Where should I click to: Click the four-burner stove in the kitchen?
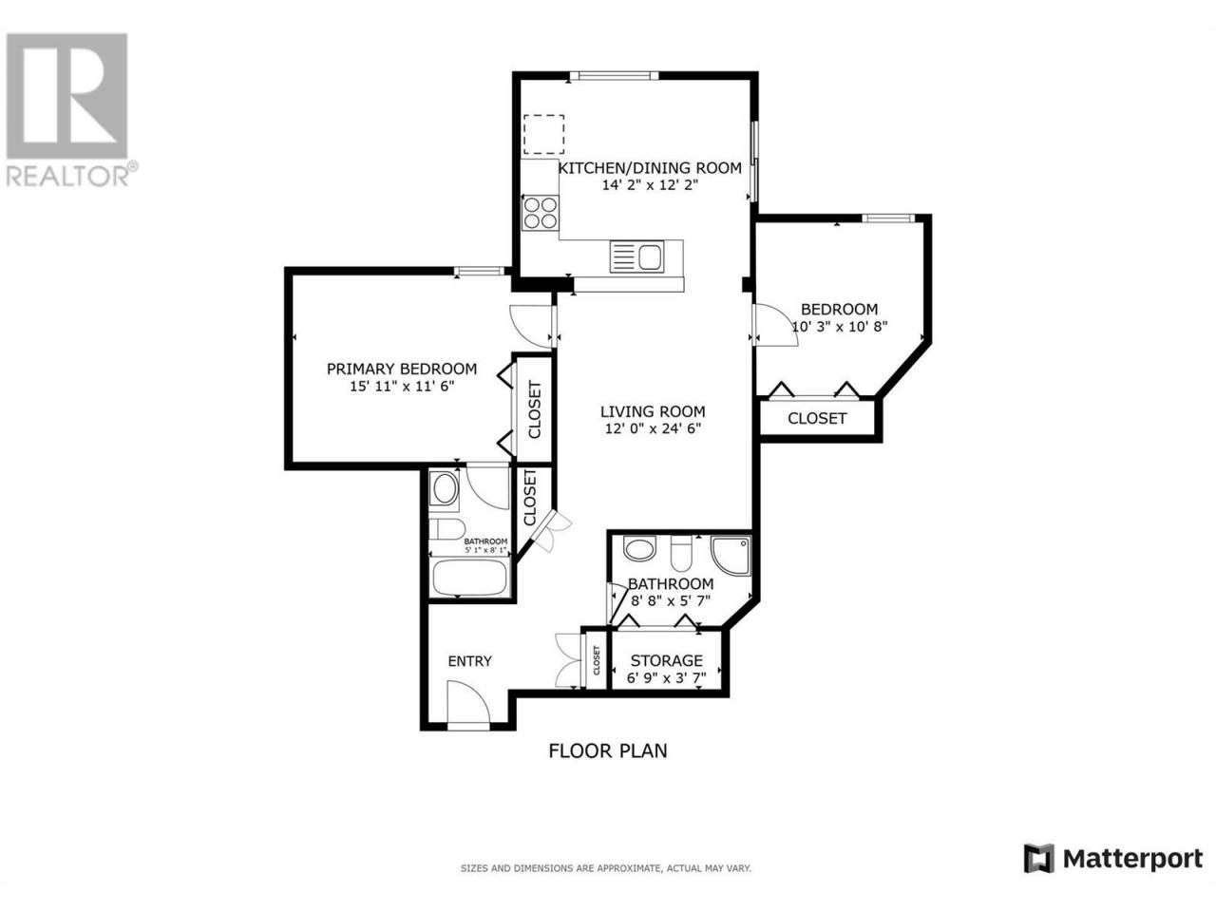point(540,213)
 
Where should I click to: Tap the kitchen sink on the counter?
point(637,256)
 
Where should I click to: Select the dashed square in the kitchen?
point(544,135)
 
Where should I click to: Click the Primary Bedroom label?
point(402,369)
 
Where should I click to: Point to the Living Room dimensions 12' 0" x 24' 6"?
point(653,428)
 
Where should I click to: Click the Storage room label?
point(667,660)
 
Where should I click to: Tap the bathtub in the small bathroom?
point(470,578)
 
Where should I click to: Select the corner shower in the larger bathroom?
point(731,556)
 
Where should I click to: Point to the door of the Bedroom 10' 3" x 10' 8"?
point(774,325)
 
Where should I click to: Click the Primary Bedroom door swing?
point(531,327)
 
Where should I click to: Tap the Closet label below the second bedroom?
point(817,419)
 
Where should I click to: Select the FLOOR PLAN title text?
point(608,751)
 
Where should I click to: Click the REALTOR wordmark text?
point(68,177)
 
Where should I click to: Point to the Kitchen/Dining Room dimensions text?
point(650,185)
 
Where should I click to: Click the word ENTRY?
point(470,661)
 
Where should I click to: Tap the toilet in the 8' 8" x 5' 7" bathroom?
point(681,553)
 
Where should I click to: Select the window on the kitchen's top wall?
point(615,76)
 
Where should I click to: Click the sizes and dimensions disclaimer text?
point(606,869)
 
